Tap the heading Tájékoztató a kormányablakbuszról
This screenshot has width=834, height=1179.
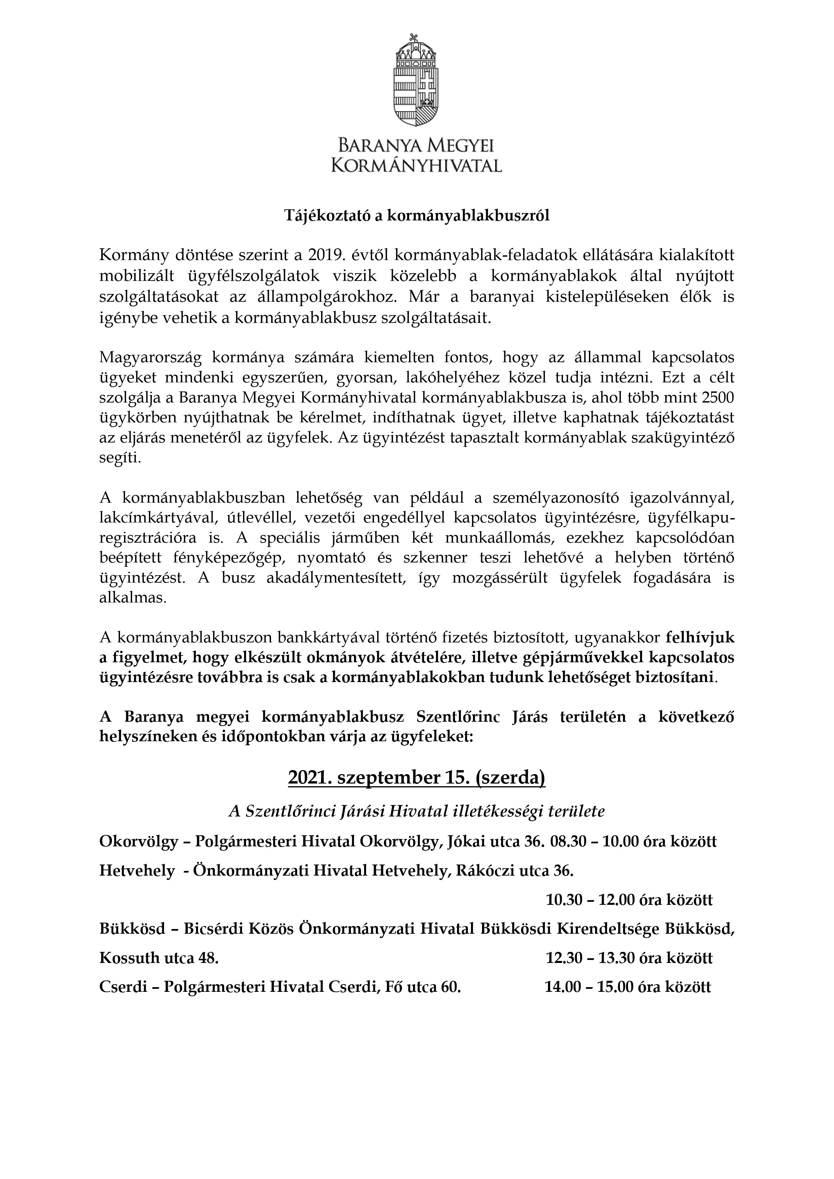coord(417,216)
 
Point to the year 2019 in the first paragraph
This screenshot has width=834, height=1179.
coord(325,255)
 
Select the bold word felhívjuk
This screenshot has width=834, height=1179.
coord(700,638)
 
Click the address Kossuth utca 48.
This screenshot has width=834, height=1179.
coord(159,958)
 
